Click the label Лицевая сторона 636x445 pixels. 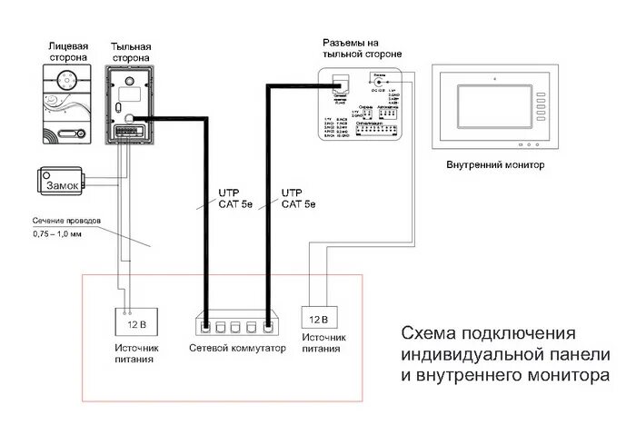(x=67, y=51)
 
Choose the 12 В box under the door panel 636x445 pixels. (x=134, y=321)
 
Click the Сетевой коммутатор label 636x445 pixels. (x=237, y=348)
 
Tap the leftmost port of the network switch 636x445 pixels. (x=206, y=325)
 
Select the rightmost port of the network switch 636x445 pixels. (x=267, y=325)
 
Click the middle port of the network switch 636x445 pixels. (x=236, y=325)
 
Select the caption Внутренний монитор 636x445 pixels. (x=495, y=166)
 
